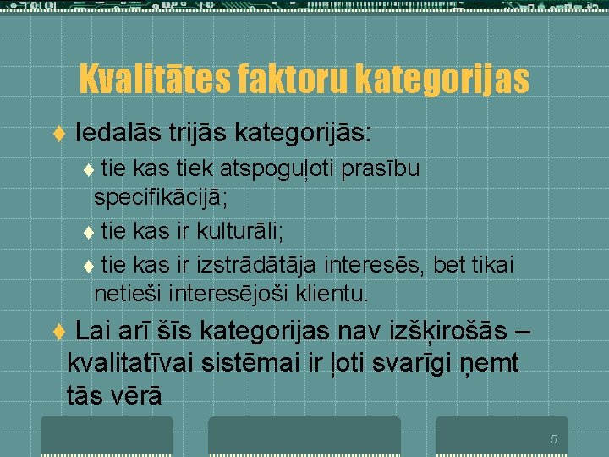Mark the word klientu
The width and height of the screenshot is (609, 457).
[x=332, y=295]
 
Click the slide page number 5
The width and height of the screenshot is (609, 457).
[x=553, y=439]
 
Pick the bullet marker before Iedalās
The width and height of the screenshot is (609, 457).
[x=58, y=134]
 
